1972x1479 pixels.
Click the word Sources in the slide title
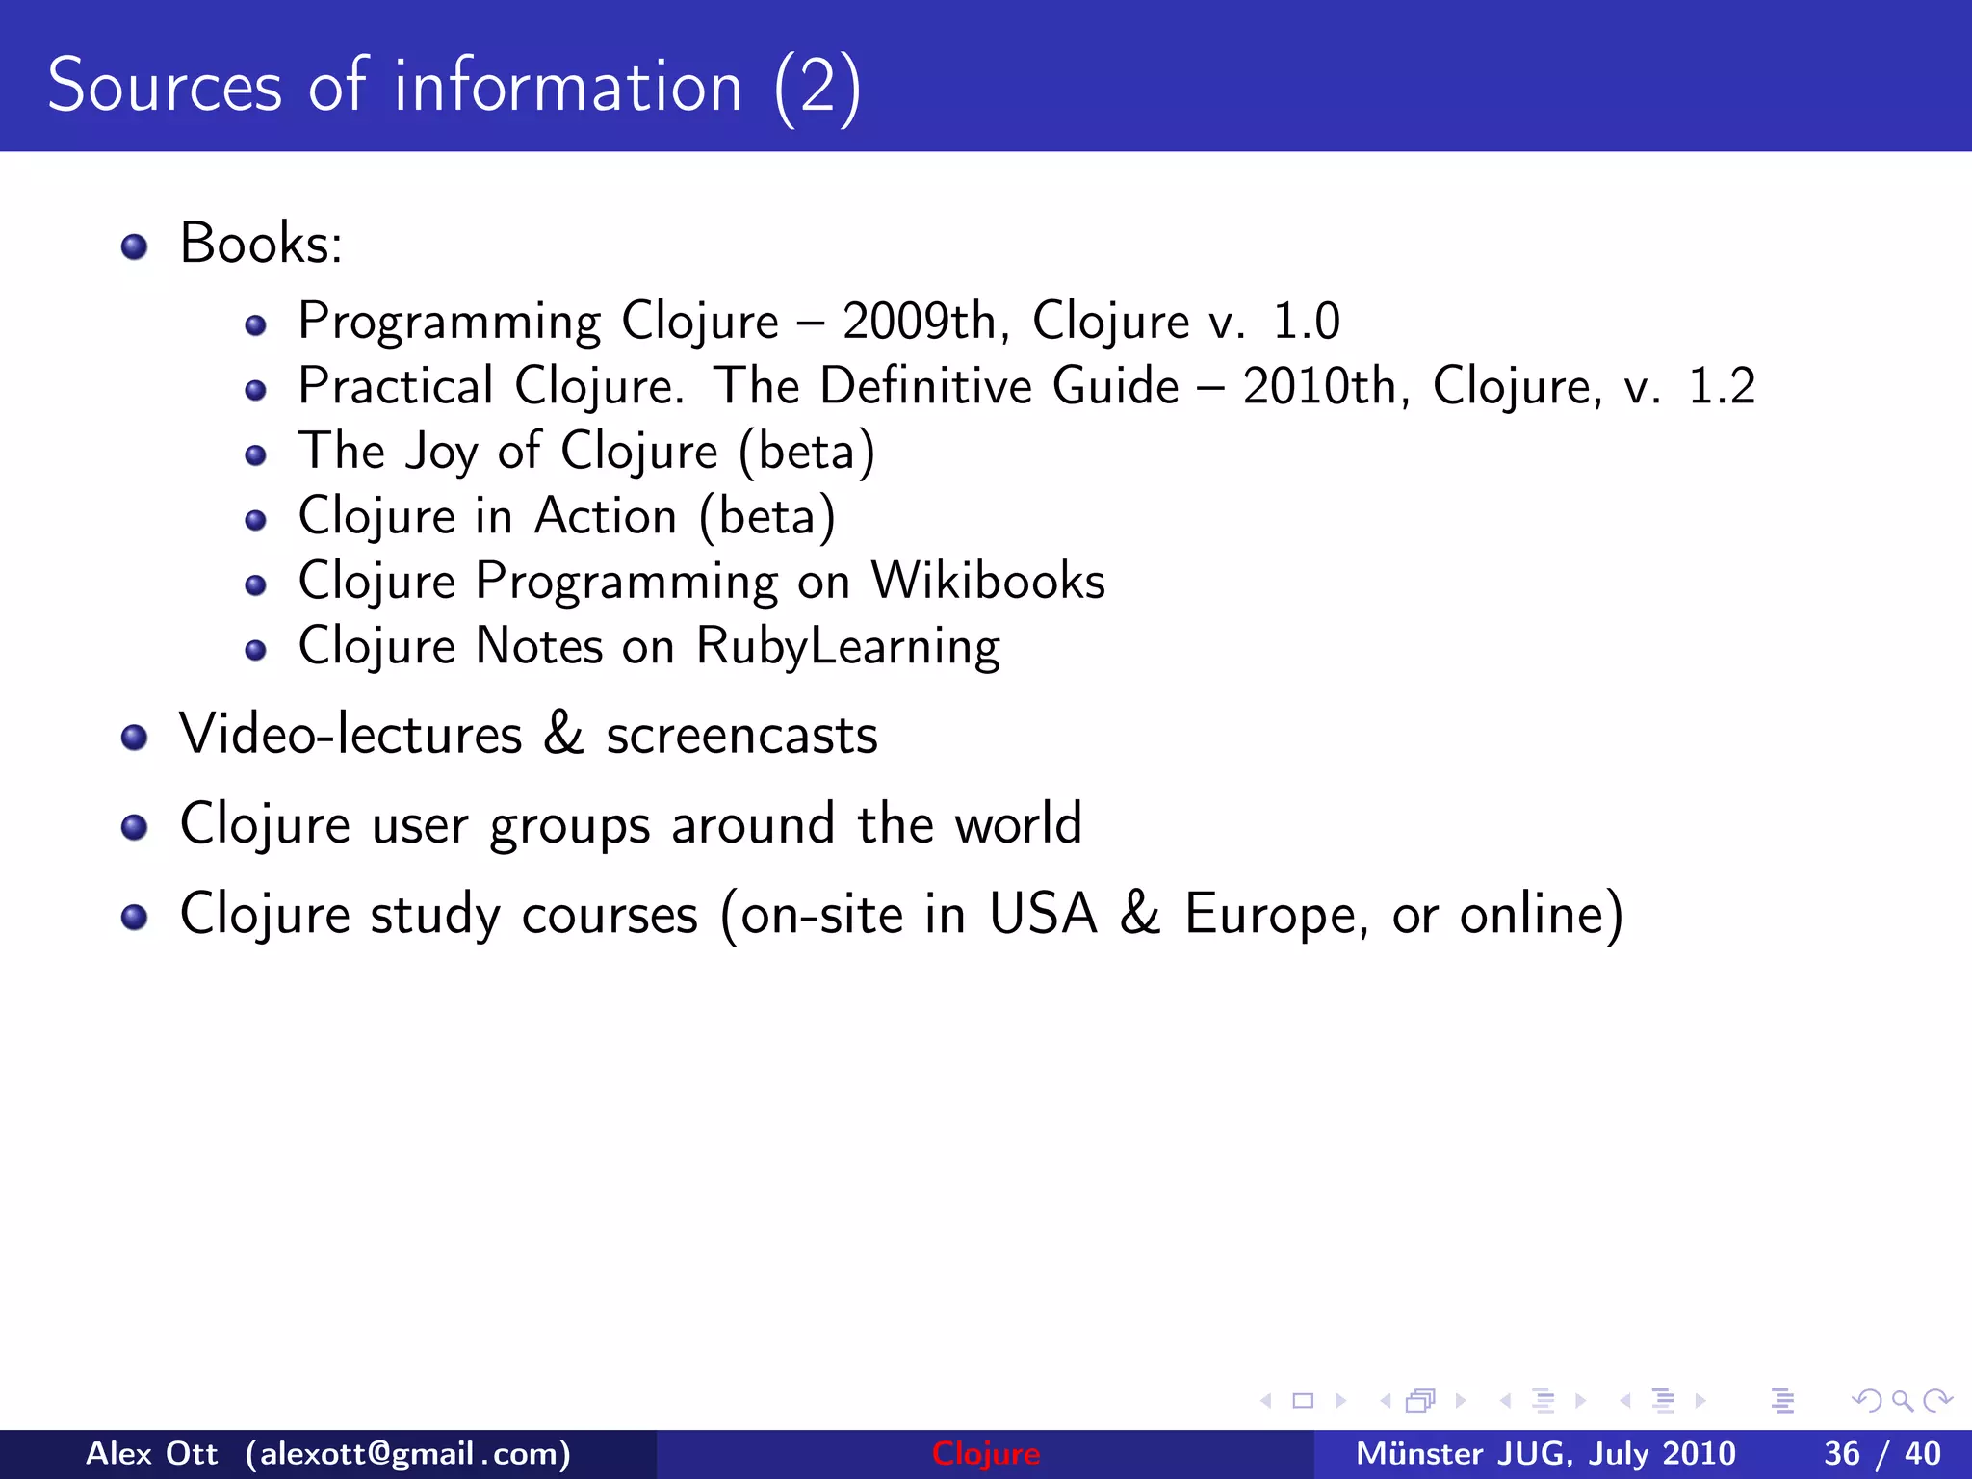[x=164, y=87]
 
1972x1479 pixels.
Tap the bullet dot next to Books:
[x=135, y=247]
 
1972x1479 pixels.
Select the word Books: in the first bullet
[x=261, y=244]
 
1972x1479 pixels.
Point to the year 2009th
[x=919, y=322]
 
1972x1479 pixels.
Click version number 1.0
[x=1306, y=322]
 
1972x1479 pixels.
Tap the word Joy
[x=441, y=453]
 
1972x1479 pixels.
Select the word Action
[x=606, y=517]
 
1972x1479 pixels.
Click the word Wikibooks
[x=988, y=582]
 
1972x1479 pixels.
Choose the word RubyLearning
[x=847, y=647]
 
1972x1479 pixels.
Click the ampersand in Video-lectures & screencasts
[x=563, y=734]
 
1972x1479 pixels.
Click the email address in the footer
[x=407, y=1454]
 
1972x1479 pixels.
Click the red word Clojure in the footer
[x=985, y=1454]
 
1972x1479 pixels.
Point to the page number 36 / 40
[x=1881, y=1454]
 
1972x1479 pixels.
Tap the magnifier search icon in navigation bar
[x=1902, y=1401]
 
